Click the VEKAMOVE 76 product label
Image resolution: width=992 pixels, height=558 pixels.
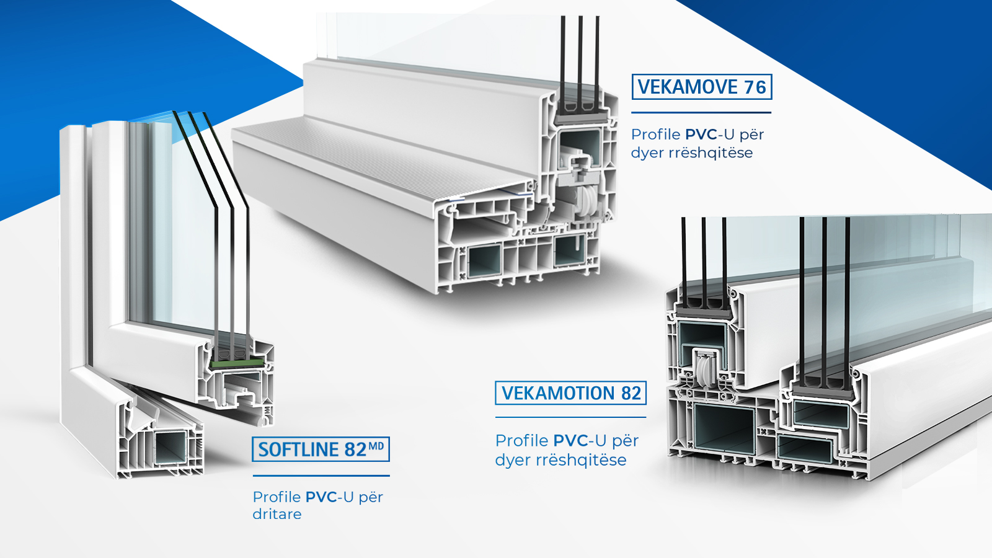click(701, 87)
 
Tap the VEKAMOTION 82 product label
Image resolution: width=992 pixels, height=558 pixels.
click(570, 393)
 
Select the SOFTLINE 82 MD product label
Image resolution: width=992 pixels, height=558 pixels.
click(320, 449)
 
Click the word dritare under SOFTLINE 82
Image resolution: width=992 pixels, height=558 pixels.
click(277, 514)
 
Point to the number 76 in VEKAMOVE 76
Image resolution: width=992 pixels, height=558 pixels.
click(755, 87)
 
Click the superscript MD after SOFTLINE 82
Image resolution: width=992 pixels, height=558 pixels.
click(376, 446)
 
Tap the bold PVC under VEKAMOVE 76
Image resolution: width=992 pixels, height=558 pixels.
click(701, 135)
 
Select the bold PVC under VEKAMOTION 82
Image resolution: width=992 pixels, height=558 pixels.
click(570, 441)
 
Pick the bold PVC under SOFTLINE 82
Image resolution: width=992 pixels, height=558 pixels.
click(321, 497)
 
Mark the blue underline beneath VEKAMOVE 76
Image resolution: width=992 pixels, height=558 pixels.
click(701, 113)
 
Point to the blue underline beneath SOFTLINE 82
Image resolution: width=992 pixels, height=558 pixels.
click(321, 476)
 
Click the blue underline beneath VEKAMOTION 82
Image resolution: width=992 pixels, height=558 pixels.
click(570, 417)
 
